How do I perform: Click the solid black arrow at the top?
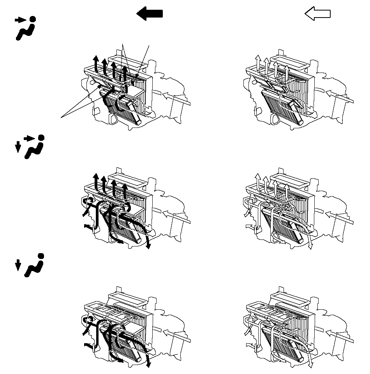click(150, 14)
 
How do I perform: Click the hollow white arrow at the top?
click(317, 14)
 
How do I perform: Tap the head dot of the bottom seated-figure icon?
click(41, 256)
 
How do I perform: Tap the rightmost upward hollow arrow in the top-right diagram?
click(286, 72)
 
